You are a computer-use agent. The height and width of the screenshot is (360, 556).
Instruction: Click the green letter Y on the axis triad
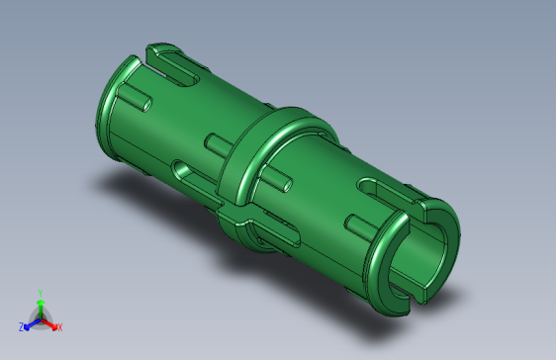(40, 293)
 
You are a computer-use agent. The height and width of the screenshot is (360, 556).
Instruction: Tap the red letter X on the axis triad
(59, 326)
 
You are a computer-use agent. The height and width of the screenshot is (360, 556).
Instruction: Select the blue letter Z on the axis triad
(22, 326)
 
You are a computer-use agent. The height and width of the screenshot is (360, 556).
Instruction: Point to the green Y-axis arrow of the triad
(40, 306)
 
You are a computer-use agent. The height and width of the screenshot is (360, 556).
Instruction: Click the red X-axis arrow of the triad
(49, 322)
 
